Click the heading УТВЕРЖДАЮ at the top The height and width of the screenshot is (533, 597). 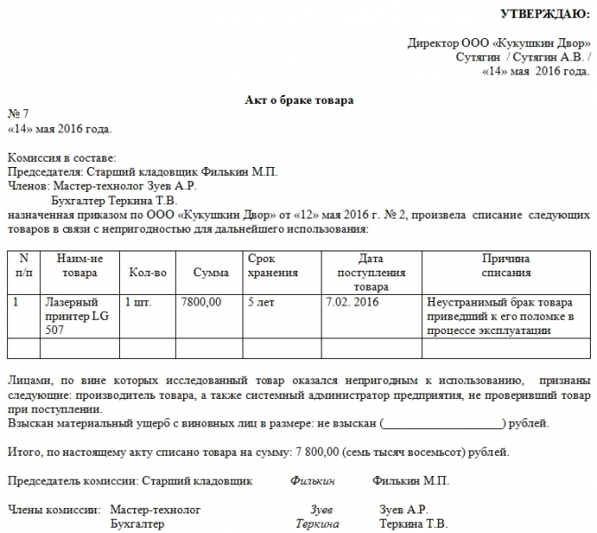tap(544, 13)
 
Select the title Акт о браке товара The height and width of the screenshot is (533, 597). tap(299, 100)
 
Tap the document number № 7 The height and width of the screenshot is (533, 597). tap(19, 115)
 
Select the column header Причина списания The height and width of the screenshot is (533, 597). tap(506, 266)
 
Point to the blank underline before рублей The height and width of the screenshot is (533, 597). tap(441, 424)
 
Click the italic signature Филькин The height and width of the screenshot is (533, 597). tap(312, 481)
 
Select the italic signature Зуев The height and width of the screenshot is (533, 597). tap(321, 510)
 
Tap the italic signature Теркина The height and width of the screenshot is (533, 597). tap(318, 524)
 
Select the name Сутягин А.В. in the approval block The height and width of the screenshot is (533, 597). tap(549, 57)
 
